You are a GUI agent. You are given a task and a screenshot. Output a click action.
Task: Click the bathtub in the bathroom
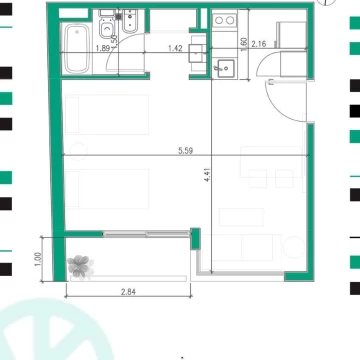tap(77, 49)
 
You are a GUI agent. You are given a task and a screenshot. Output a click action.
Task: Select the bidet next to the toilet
tap(131, 21)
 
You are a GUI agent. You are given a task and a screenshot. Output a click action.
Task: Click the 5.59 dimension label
tap(185, 151)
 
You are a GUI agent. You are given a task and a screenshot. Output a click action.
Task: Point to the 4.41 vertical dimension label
tap(207, 176)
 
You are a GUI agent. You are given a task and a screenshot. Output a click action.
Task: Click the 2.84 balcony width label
tap(128, 292)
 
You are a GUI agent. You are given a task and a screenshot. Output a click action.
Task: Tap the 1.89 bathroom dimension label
tap(102, 48)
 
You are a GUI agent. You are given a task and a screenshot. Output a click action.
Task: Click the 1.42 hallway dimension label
tap(175, 48)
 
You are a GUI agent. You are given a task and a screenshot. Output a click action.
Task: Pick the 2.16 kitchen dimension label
tap(259, 44)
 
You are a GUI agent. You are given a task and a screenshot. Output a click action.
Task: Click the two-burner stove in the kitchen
tap(224, 20)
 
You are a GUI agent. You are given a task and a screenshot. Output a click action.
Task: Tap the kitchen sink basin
tap(225, 68)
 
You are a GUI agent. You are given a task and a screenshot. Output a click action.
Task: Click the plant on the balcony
tap(80, 266)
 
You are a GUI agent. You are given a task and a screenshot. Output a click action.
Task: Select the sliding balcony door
tap(146, 234)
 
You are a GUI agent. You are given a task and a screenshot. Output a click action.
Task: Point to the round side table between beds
tap(78, 152)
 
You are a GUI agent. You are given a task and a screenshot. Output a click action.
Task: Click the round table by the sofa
tap(294, 247)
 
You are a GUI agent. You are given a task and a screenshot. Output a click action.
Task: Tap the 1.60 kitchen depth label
tap(244, 44)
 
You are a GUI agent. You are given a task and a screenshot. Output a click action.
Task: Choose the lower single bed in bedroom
tap(107, 189)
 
